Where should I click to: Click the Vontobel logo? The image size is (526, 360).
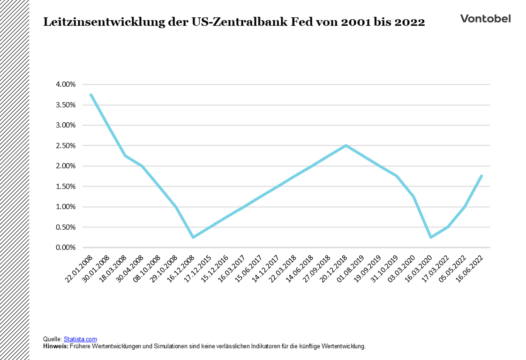coord(485,19)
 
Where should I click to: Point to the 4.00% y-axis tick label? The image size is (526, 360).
coord(65,84)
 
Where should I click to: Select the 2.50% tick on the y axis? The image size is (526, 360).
coord(65,146)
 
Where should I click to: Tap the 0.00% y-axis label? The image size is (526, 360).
coord(65,247)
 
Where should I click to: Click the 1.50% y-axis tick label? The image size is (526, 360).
coord(65,187)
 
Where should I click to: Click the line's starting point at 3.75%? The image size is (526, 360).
coord(91,95)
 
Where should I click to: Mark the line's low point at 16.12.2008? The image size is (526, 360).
coord(193,237)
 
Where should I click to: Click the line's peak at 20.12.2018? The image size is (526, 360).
coord(346,145)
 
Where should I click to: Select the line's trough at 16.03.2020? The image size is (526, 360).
coord(430,237)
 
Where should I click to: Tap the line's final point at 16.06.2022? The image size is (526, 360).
coord(481,176)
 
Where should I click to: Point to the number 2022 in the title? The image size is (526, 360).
coord(409,22)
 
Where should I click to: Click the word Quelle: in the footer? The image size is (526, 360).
coord(52,339)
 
